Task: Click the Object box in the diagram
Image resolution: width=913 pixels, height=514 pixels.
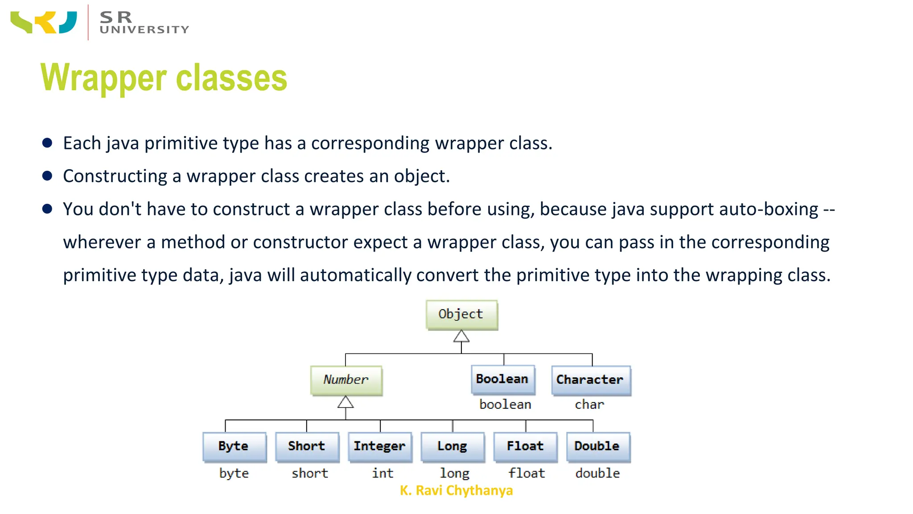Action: click(461, 315)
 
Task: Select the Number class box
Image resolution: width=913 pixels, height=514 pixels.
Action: click(346, 380)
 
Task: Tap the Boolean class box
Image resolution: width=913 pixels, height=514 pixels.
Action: click(502, 379)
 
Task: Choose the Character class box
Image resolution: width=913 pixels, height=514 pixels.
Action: click(590, 380)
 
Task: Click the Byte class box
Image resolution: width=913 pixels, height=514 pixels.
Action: click(234, 446)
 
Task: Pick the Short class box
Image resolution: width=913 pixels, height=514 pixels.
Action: click(307, 446)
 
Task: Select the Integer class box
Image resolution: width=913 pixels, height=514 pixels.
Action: click(379, 446)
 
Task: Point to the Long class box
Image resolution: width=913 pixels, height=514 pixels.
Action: click(452, 446)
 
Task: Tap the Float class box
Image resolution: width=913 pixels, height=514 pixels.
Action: click(525, 446)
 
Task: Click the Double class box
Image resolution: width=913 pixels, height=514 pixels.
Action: click(597, 446)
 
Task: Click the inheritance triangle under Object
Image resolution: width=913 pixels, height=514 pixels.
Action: click(461, 337)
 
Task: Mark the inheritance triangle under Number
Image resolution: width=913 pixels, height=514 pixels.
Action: click(345, 402)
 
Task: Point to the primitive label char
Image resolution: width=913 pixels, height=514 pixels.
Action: click(589, 405)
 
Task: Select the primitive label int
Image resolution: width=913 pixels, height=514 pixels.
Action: click(382, 473)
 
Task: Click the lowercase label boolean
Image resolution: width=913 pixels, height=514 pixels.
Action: click(505, 405)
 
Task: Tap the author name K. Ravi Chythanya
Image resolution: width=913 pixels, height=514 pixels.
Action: click(456, 490)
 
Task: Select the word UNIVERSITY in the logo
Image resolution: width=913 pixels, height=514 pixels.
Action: click(144, 30)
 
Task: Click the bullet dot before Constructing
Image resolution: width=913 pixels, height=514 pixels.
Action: click(47, 176)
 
